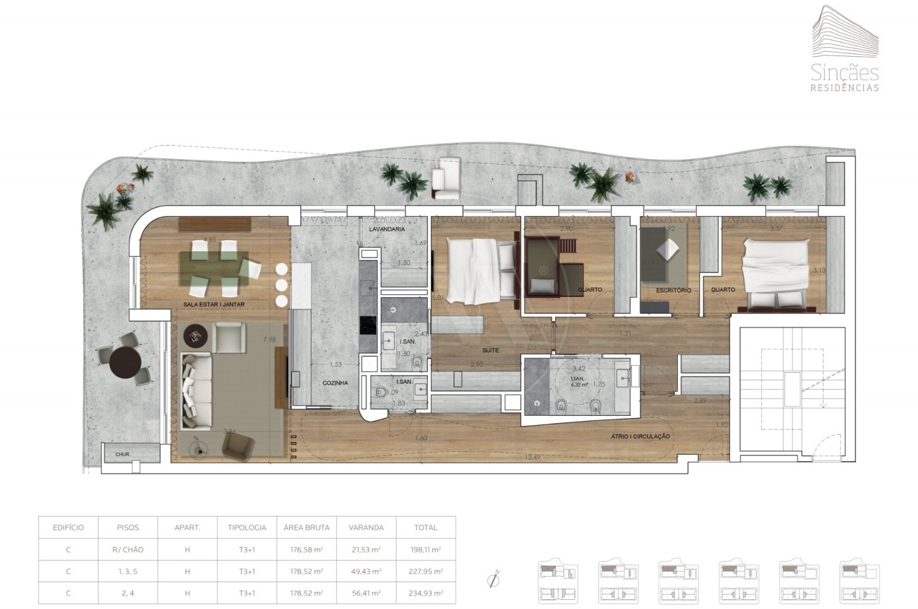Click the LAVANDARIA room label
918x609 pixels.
[387, 229]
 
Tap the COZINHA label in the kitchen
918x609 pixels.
[335, 383]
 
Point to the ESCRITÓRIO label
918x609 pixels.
[674, 291]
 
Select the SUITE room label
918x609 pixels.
[490, 350]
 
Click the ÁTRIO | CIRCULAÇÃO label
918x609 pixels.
[640, 436]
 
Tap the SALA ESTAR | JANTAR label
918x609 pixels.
[214, 304]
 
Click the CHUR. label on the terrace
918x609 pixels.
[123, 455]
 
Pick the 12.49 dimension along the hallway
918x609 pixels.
[532, 457]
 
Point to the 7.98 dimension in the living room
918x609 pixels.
[269, 339]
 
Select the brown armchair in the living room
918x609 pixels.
[238, 446]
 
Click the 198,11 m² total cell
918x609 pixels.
[425, 549]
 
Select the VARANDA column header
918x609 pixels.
[366, 528]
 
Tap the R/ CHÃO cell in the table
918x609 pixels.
[128, 549]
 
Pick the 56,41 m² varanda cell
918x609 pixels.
[366, 593]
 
